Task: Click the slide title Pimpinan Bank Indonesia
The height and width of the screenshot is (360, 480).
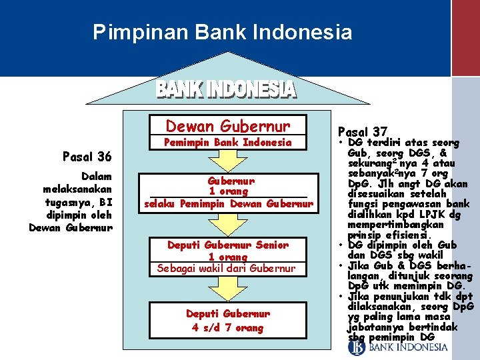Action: point(222,31)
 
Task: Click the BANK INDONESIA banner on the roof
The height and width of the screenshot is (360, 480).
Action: point(225,90)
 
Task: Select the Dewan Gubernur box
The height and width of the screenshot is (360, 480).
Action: point(227,126)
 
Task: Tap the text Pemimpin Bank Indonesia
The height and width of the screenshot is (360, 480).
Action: point(228,142)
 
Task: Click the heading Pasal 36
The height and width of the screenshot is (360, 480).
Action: point(86,157)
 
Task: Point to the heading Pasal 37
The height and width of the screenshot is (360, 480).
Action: point(362,132)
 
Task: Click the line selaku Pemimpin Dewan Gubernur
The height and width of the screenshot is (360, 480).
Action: point(229,203)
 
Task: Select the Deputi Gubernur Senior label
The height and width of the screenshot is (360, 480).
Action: point(228,245)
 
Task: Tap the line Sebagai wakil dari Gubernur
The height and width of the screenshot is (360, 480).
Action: point(226,268)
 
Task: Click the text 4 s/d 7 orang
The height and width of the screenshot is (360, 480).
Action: point(227,327)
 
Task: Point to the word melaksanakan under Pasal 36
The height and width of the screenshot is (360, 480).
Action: point(77,189)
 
